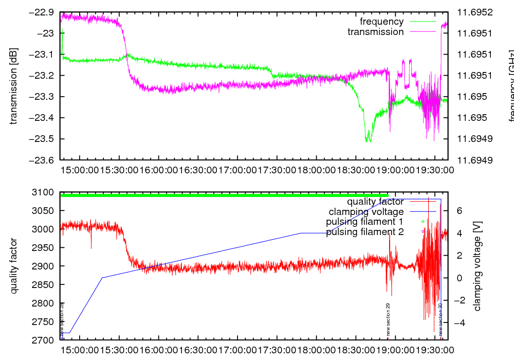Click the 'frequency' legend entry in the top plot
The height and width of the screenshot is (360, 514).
pos(381,22)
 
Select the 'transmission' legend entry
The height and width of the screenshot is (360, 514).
pos(375,32)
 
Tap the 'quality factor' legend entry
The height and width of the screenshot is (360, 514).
pos(375,202)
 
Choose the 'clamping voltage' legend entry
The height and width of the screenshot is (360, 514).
pos(365,211)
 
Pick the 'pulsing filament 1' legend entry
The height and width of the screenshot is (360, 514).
pos(364,222)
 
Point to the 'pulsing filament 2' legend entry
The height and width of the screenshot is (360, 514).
pos(365,232)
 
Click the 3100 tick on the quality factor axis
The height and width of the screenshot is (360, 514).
pos(44,192)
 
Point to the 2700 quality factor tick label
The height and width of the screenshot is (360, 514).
pos(44,340)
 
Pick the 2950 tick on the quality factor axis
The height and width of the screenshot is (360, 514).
pos(44,247)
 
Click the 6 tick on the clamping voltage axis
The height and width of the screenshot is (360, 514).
pos(460,210)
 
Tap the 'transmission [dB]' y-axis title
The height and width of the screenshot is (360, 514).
pos(14,86)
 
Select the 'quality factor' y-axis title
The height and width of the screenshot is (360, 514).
pos(14,266)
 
